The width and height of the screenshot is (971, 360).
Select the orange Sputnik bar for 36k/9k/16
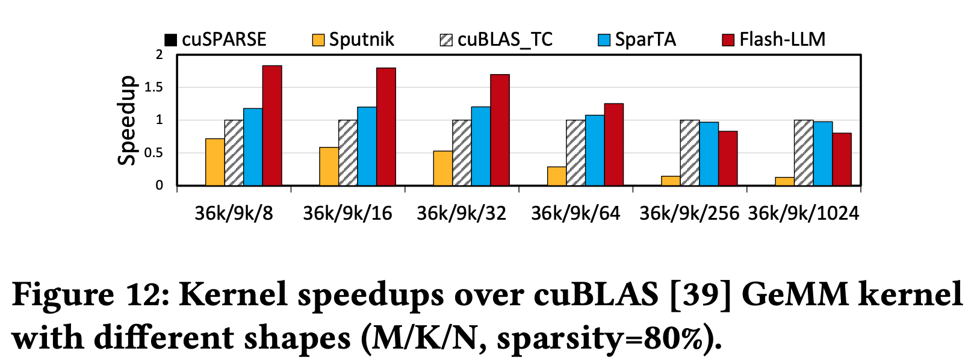coord(329,166)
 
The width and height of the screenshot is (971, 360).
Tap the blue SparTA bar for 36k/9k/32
coord(480,146)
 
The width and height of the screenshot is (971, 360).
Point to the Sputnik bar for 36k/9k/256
coord(671,181)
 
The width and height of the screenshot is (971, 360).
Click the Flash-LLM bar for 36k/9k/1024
coord(842,159)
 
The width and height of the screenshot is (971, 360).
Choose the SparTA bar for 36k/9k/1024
coord(823,154)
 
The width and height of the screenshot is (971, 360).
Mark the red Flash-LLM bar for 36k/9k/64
coord(613,144)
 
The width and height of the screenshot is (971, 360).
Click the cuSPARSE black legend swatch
coord(171,40)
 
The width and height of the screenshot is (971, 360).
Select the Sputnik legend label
coord(361,40)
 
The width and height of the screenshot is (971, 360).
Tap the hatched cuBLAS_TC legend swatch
coord(446,40)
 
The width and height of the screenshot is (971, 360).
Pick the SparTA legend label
coord(645,40)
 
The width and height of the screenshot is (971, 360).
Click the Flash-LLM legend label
coord(782,40)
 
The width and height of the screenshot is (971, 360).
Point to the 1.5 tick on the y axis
coord(155,87)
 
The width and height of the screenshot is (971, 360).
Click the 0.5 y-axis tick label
coord(155,153)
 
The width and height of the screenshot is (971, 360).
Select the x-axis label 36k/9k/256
coord(689,213)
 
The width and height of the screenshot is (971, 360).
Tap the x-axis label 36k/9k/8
coord(234,213)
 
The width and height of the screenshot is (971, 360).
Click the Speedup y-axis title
coord(126,120)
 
